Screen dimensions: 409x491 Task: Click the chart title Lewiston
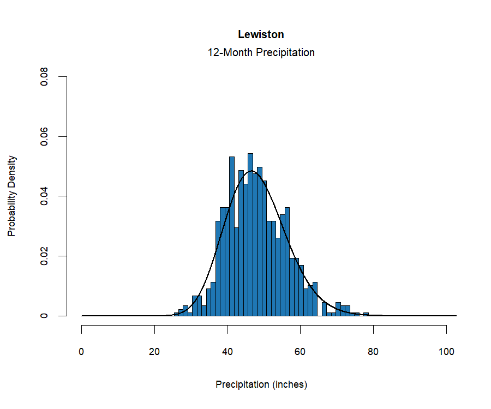[261, 34]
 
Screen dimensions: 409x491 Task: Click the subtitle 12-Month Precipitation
[261, 53]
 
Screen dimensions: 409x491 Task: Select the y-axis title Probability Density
[11, 196]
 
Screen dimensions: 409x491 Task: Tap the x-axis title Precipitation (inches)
[261, 384]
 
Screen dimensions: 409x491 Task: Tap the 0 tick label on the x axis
[82, 352]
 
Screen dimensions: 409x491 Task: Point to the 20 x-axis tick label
[155, 352]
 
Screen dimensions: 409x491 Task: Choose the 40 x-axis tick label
[227, 352]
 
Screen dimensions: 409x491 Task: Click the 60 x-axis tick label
[301, 352]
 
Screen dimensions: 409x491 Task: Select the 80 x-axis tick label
[373, 352]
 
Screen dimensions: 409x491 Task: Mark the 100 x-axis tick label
[446, 352]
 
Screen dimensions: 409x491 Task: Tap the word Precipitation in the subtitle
[284, 53]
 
